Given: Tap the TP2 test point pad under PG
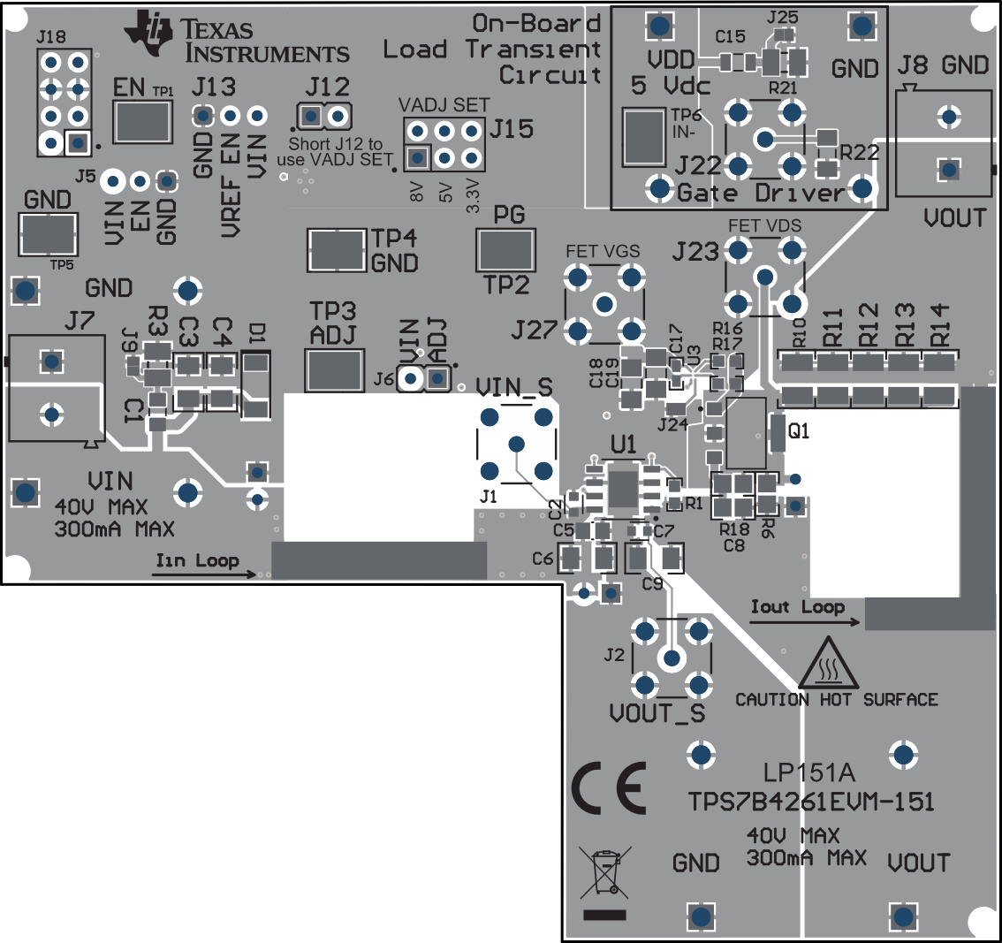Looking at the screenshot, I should (x=505, y=250).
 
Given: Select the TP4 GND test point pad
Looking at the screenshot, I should (x=337, y=250).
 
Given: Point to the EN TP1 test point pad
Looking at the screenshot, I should (x=142, y=121).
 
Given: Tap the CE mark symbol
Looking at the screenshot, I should (x=609, y=787).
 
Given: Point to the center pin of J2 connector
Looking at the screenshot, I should (x=672, y=658).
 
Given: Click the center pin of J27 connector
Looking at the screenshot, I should (x=604, y=305).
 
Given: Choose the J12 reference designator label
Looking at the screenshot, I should (x=327, y=87).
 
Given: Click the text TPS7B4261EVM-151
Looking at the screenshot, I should (x=811, y=802).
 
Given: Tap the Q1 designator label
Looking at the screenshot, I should (x=799, y=432).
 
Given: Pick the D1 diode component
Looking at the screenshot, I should (x=255, y=384).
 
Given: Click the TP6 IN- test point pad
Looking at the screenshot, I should (x=644, y=137).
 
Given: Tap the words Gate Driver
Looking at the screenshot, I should (x=760, y=192).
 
